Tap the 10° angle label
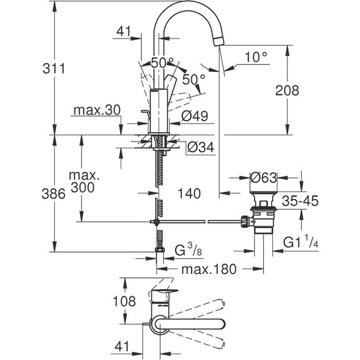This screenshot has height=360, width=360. point(256,57)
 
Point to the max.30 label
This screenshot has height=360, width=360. point(96,111)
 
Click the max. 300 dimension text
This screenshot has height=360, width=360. point(83,180)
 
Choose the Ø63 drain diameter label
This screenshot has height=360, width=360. point(263,178)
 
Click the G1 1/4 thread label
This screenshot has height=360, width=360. point(299,243)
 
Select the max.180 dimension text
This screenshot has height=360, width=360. point(208,269)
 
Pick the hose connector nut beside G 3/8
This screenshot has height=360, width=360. point(159,253)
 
